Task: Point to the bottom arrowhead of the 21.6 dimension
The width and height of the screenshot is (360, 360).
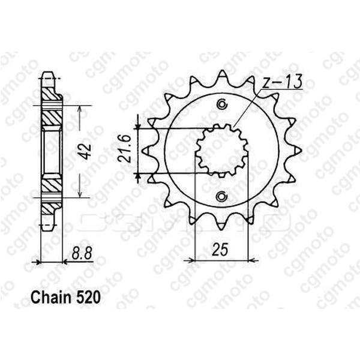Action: click(x=139, y=173)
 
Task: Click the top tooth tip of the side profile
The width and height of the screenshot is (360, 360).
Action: click(x=49, y=75)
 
